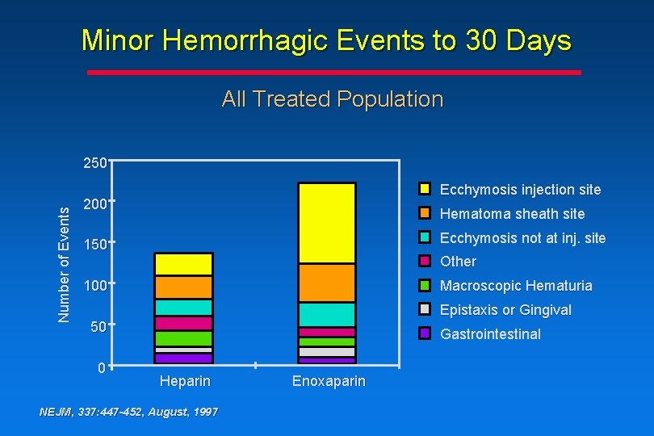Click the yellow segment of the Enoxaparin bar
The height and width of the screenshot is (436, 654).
[x=326, y=223]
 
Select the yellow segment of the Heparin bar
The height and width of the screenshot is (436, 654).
[x=183, y=264]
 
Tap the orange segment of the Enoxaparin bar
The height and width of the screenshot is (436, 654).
[x=326, y=283]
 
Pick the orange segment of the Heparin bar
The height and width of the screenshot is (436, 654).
[x=183, y=287]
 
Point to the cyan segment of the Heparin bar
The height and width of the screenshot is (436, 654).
[x=183, y=308]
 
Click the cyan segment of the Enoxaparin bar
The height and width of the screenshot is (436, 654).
[x=326, y=315]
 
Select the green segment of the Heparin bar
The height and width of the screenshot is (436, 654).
[x=183, y=338]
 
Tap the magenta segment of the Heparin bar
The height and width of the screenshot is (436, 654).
[x=183, y=323]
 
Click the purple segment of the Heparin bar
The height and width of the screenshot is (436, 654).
[x=183, y=358]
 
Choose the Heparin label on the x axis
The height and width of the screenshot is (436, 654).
[x=185, y=381]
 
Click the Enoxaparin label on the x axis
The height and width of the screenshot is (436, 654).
[x=329, y=381]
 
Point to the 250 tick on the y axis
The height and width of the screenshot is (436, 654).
[x=95, y=163]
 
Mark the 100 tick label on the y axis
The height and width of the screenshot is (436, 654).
[x=95, y=286]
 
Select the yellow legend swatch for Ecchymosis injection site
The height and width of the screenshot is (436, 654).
[x=424, y=190]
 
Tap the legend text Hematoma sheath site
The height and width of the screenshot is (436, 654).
[x=512, y=214]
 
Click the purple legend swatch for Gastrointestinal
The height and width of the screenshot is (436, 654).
[x=424, y=334]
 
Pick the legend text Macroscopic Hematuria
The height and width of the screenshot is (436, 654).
[x=515, y=286]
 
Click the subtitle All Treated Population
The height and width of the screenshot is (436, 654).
[x=332, y=99]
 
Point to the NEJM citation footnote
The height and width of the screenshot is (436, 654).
[x=128, y=413]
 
